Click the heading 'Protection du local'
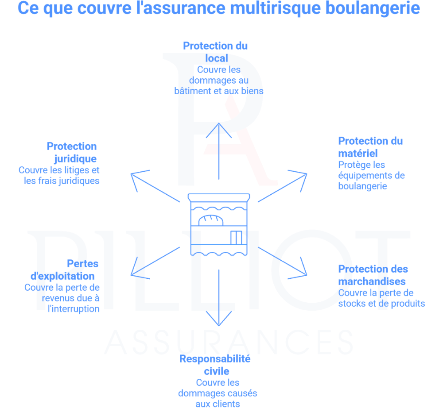[216, 52]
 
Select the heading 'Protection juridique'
[72, 152]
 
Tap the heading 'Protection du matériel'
[370, 147]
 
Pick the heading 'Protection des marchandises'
[373, 275]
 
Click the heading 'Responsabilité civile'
[216, 365]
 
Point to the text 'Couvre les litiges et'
[59, 170]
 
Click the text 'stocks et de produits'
[381, 304]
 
